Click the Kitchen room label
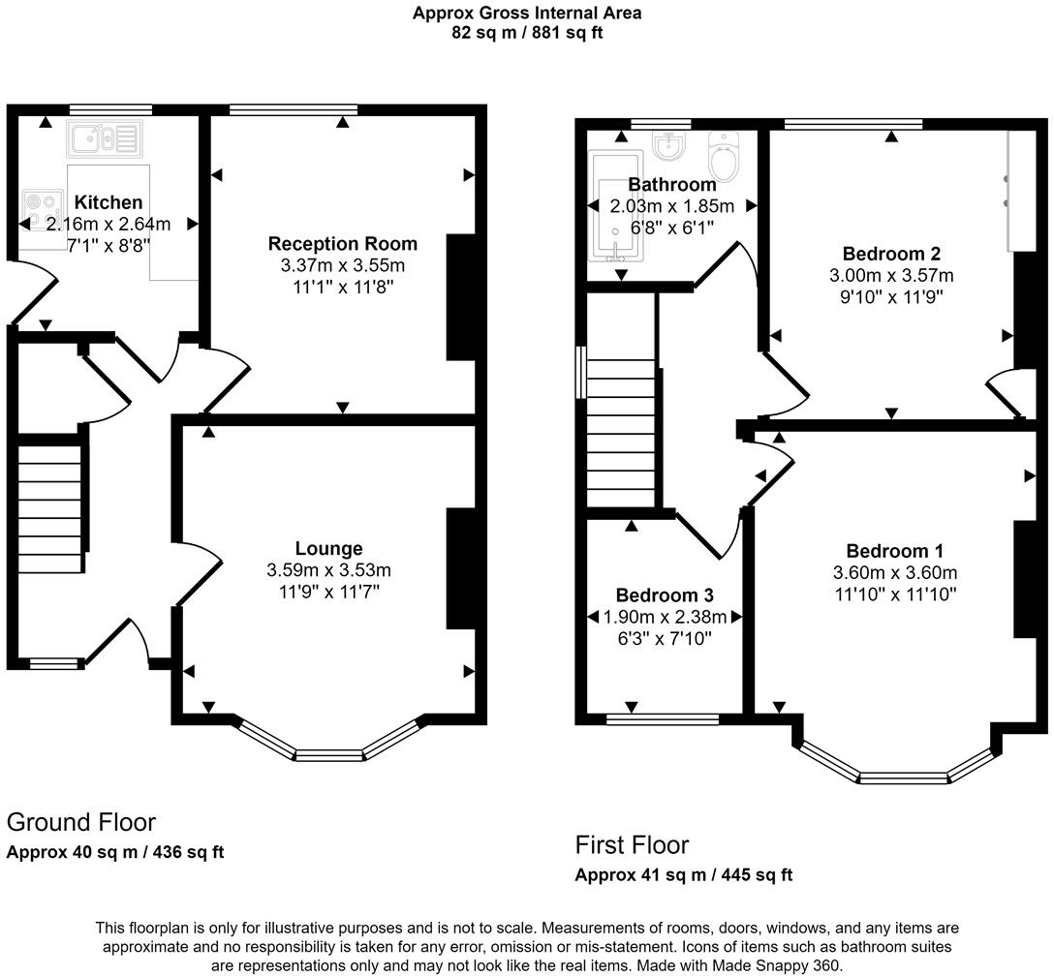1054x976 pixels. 108,202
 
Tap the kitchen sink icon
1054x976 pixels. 105,138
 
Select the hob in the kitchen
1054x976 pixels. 42,209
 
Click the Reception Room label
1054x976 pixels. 343,243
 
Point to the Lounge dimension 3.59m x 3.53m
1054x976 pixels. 328,570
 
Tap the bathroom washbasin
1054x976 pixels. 668,145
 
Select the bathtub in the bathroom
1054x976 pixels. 616,205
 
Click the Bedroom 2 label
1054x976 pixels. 891,254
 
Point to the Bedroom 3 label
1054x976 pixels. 665,595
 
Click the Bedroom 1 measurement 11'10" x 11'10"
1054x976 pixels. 896,594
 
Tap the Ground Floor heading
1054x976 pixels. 81,822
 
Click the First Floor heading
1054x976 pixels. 632,845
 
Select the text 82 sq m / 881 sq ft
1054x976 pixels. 528,32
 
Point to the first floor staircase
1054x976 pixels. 621,433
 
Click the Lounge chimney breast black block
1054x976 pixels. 462,569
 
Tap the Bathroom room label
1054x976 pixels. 672,184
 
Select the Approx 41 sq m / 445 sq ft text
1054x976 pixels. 684,874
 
